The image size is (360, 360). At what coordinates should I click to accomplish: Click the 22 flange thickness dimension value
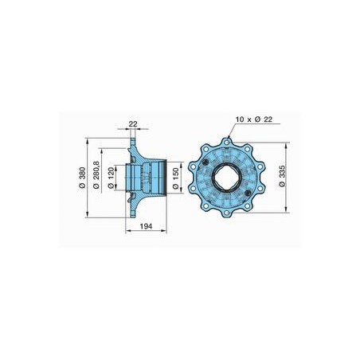click(x=133, y=123)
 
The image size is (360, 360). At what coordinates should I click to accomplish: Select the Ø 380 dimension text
click(x=83, y=178)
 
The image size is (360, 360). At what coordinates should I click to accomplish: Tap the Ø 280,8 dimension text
click(x=96, y=175)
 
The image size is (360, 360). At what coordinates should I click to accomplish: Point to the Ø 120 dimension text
click(x=112, y=178)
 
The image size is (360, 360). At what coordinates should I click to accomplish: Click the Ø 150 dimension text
click(x=176, y=178)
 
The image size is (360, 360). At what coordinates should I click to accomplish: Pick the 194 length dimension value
click(x=146, y=226)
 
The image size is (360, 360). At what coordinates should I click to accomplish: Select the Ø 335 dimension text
click(x=282, y=176)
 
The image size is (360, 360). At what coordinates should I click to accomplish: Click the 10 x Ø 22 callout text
click(x=254, y=119)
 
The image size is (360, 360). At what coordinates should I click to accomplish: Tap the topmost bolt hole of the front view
click(x=226, y=143)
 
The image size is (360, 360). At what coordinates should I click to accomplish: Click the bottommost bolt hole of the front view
click(x=226, y=213)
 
